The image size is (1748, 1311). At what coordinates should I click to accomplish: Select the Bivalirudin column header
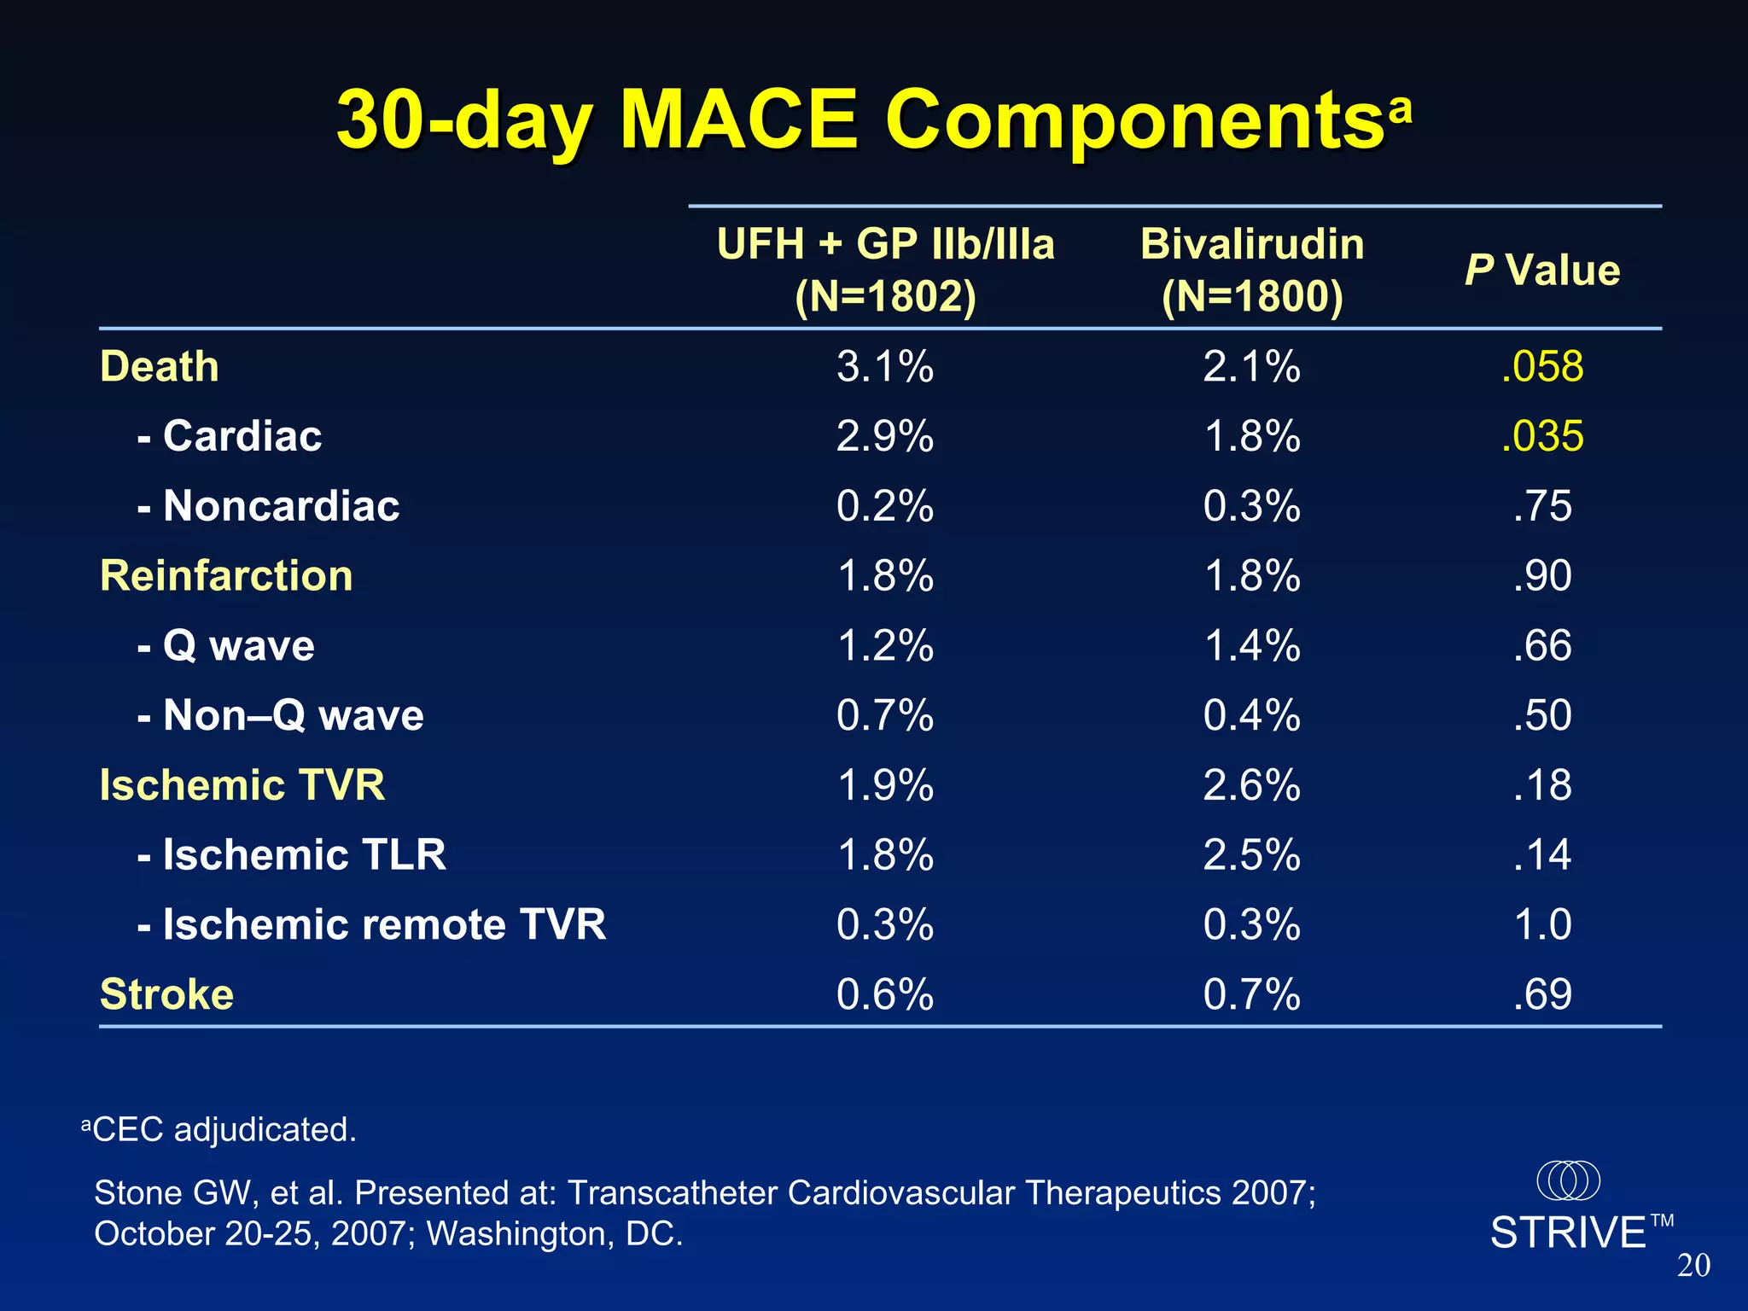tap(1252, 270)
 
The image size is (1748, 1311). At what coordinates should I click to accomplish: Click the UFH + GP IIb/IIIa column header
tap(885, 270)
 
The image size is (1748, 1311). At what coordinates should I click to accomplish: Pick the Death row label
tap(160, 367)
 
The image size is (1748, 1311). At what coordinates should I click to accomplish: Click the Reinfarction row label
tap(226, 576)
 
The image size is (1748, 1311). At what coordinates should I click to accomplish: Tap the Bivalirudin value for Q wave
tap(1252, 646)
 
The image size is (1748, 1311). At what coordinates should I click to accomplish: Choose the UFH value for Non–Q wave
tap(885, 715)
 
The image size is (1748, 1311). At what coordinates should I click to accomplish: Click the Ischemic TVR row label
tap(242, 785)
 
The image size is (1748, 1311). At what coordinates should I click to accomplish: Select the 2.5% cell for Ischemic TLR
tap(1252, 855)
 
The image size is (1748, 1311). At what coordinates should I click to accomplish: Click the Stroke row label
tap(166, 994)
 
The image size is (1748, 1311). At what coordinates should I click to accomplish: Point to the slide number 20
tap(1693, 1266)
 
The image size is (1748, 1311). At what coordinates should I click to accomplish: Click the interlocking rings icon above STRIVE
tap(1568, 1180)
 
